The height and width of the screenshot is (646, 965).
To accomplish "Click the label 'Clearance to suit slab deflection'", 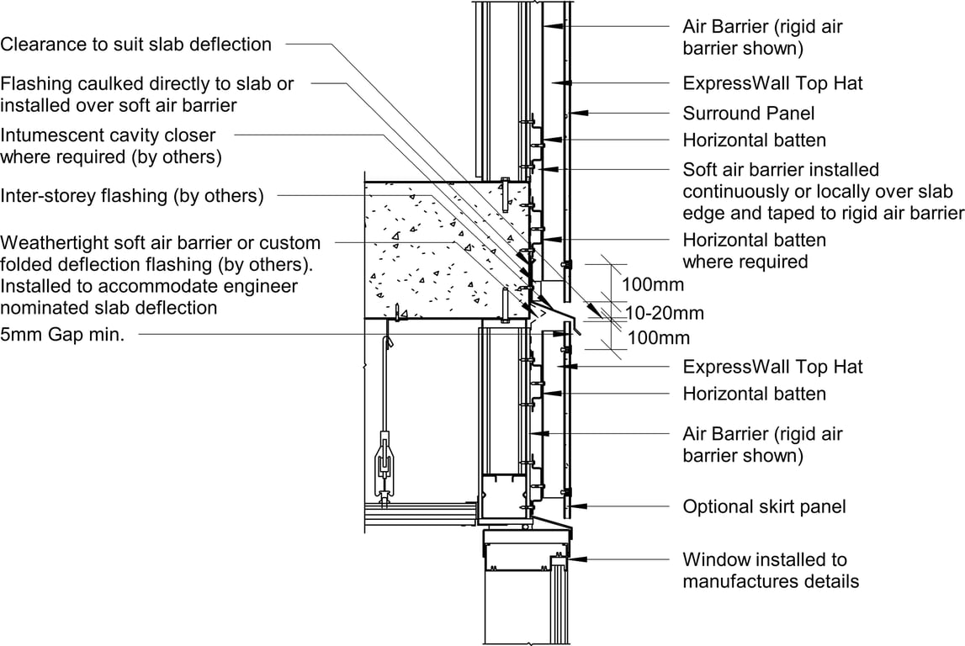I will [136, 45].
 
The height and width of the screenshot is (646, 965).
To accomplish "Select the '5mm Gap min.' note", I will [63, 335].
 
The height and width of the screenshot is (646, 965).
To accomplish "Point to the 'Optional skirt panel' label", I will [764, 506].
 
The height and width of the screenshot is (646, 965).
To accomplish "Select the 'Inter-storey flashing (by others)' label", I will [133, 196].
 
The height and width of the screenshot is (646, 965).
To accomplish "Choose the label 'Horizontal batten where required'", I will [754, 251].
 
